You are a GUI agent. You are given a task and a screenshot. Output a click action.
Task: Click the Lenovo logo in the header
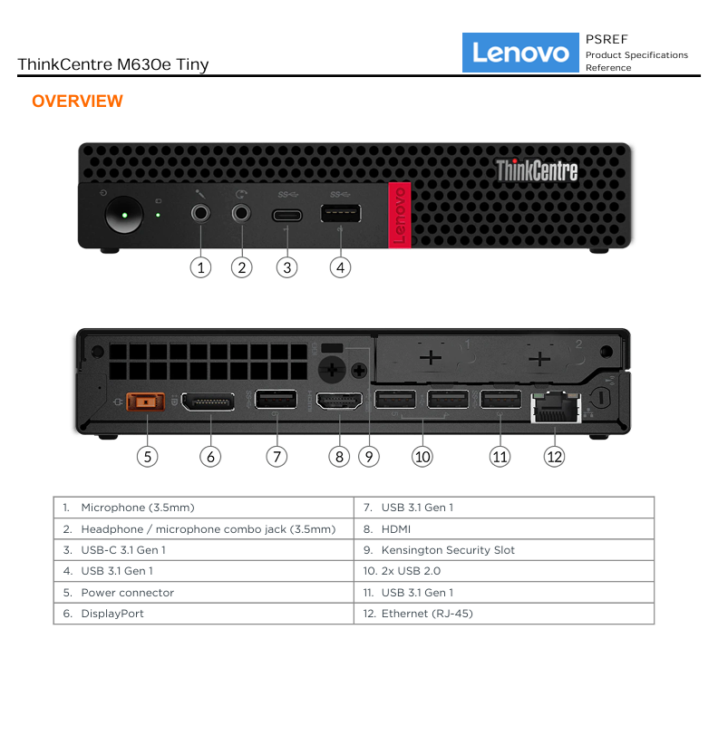tap(520, 53)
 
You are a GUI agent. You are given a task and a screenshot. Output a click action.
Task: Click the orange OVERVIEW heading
tap(77, 102)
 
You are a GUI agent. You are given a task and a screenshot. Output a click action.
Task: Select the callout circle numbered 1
tap(200, 267)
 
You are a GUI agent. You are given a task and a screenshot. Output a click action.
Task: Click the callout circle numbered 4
tap(340, 267)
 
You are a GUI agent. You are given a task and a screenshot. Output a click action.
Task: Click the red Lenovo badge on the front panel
tap(399, 215)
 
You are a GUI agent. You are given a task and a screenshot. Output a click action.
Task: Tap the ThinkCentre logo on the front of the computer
tap(537, 170)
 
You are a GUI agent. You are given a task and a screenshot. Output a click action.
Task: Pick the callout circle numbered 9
tap(369, 456)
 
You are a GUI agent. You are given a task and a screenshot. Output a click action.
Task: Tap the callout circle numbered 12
tap(554, 456)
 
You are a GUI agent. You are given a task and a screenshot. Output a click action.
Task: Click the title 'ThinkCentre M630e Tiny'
tap(113, 64)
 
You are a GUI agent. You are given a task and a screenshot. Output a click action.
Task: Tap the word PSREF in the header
tap(606, 39)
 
